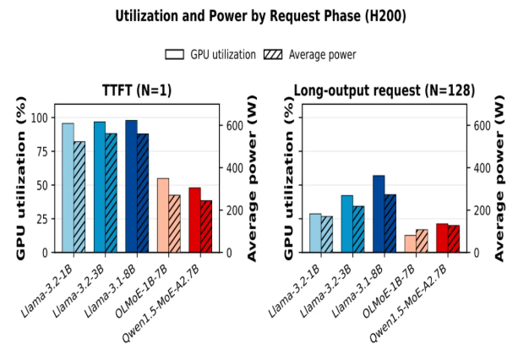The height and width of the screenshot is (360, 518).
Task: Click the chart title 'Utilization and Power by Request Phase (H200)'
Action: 260,15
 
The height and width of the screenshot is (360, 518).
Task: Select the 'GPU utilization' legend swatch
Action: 174,54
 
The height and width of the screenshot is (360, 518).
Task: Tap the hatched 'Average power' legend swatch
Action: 273,54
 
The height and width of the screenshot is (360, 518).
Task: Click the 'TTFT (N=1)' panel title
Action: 137,90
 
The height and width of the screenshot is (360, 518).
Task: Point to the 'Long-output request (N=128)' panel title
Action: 384,90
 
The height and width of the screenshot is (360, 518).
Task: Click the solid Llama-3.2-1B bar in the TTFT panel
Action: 68,188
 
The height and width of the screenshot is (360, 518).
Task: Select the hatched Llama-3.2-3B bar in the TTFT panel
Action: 111,193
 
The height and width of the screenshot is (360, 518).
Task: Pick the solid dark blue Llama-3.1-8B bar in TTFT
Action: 131,186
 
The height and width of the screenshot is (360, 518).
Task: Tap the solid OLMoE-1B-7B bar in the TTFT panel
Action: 163,215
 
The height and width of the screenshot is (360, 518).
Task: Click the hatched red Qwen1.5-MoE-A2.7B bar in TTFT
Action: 206,226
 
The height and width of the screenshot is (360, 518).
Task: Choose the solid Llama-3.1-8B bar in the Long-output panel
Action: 379,214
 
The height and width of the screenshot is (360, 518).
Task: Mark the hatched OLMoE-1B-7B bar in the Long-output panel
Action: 422,241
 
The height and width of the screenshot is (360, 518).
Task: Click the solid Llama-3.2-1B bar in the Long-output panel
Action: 315,233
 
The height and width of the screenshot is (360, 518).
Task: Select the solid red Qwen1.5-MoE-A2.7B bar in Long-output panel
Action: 442,238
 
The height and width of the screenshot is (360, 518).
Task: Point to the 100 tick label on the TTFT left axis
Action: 40,117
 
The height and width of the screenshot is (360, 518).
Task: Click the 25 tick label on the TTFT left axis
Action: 42,219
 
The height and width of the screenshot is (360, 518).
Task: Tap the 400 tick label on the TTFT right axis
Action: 234,168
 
